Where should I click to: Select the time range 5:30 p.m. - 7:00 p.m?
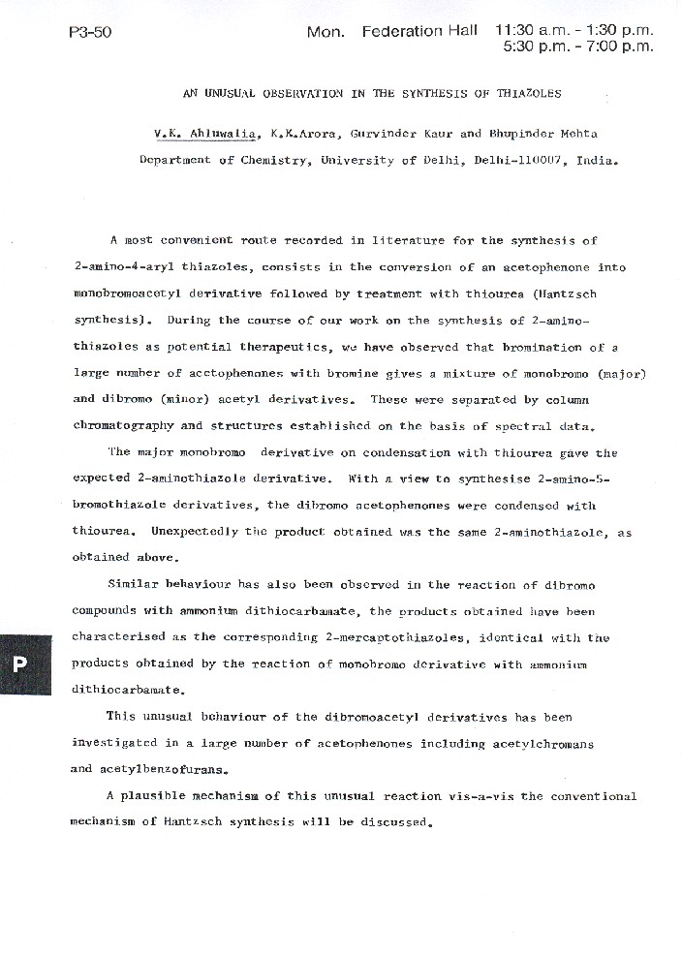pyautogui.click(x=578, y=46)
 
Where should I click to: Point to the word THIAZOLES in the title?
pyautogui.click(x=525, y=94)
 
